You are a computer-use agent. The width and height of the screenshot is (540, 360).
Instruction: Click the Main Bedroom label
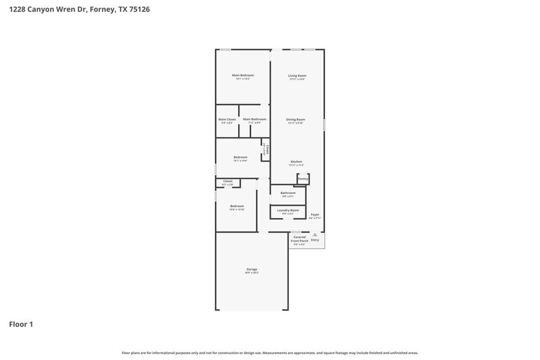tap(242, 75)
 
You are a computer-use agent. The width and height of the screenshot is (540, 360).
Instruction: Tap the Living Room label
tap(297, 76)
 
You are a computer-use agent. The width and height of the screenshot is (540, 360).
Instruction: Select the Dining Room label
tap(296, 119)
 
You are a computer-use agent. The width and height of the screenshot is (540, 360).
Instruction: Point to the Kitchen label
tap(296, 162)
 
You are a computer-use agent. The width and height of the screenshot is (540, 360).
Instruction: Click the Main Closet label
tap(227, 119)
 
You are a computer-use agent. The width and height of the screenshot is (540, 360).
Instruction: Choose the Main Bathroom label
tap(254, 119)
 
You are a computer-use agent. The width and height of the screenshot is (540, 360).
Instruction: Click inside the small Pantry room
tap(302, 179)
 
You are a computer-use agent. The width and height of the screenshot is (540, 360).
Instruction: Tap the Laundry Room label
tap(288, 210)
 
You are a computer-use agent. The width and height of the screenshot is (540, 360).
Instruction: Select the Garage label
tap(252, 269)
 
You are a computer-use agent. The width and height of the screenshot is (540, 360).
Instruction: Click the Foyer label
tap(315, 214)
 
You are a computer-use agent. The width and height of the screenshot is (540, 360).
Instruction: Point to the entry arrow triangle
tap(315, 234)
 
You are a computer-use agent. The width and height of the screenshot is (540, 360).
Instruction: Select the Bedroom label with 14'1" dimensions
tap(240, 157)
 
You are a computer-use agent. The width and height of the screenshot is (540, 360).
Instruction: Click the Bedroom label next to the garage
tap(237, 206)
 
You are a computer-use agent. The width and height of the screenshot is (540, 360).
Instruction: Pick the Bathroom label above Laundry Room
tap(288, 193)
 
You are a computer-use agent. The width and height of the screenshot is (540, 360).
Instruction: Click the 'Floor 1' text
tap(20, 324)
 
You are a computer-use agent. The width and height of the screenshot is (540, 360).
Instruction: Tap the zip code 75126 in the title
tap(138, 10)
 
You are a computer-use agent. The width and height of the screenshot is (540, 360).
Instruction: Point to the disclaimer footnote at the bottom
tap(269, 353)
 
